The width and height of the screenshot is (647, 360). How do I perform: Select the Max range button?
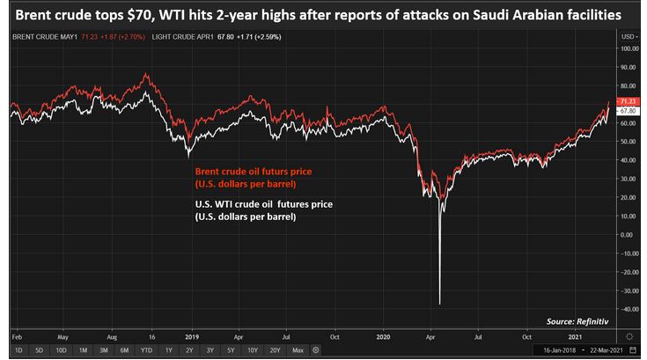[x=298, y=349]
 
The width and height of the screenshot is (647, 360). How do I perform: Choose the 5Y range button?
[x=232, y=349]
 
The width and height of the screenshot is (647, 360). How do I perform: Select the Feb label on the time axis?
[x=16, y=335]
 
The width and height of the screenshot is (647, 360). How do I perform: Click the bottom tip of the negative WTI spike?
[x=439, y=304]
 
